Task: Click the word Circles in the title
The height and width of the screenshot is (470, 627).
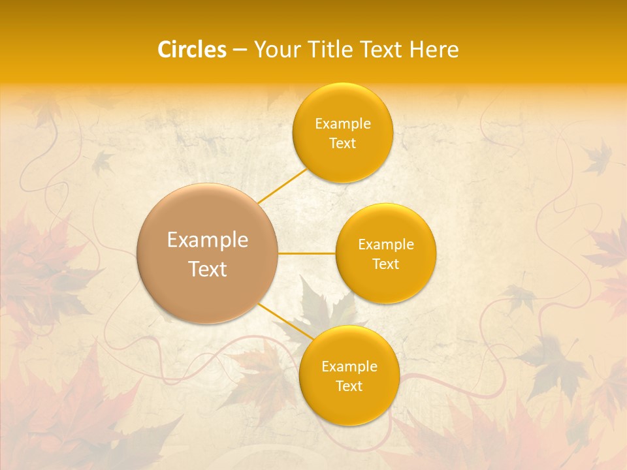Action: point(191,50)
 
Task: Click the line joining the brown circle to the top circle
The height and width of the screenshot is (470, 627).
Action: point(282,186)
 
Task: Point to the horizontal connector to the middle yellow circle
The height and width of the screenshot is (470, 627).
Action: point(307,253)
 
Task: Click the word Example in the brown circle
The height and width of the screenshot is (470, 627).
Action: point(208,240)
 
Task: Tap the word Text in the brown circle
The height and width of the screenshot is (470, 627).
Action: point(208,269)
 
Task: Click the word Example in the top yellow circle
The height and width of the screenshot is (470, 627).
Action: point(342,124)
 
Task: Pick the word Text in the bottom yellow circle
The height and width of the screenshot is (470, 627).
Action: point(349,386)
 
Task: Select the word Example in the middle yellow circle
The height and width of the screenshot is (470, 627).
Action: point(385,245)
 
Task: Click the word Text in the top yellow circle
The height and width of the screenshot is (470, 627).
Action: point(342,143)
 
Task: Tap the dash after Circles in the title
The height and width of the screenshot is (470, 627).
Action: point(240,50)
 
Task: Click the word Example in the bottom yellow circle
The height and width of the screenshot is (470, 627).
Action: point(349,367)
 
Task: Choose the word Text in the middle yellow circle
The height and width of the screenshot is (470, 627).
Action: point(385,264)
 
